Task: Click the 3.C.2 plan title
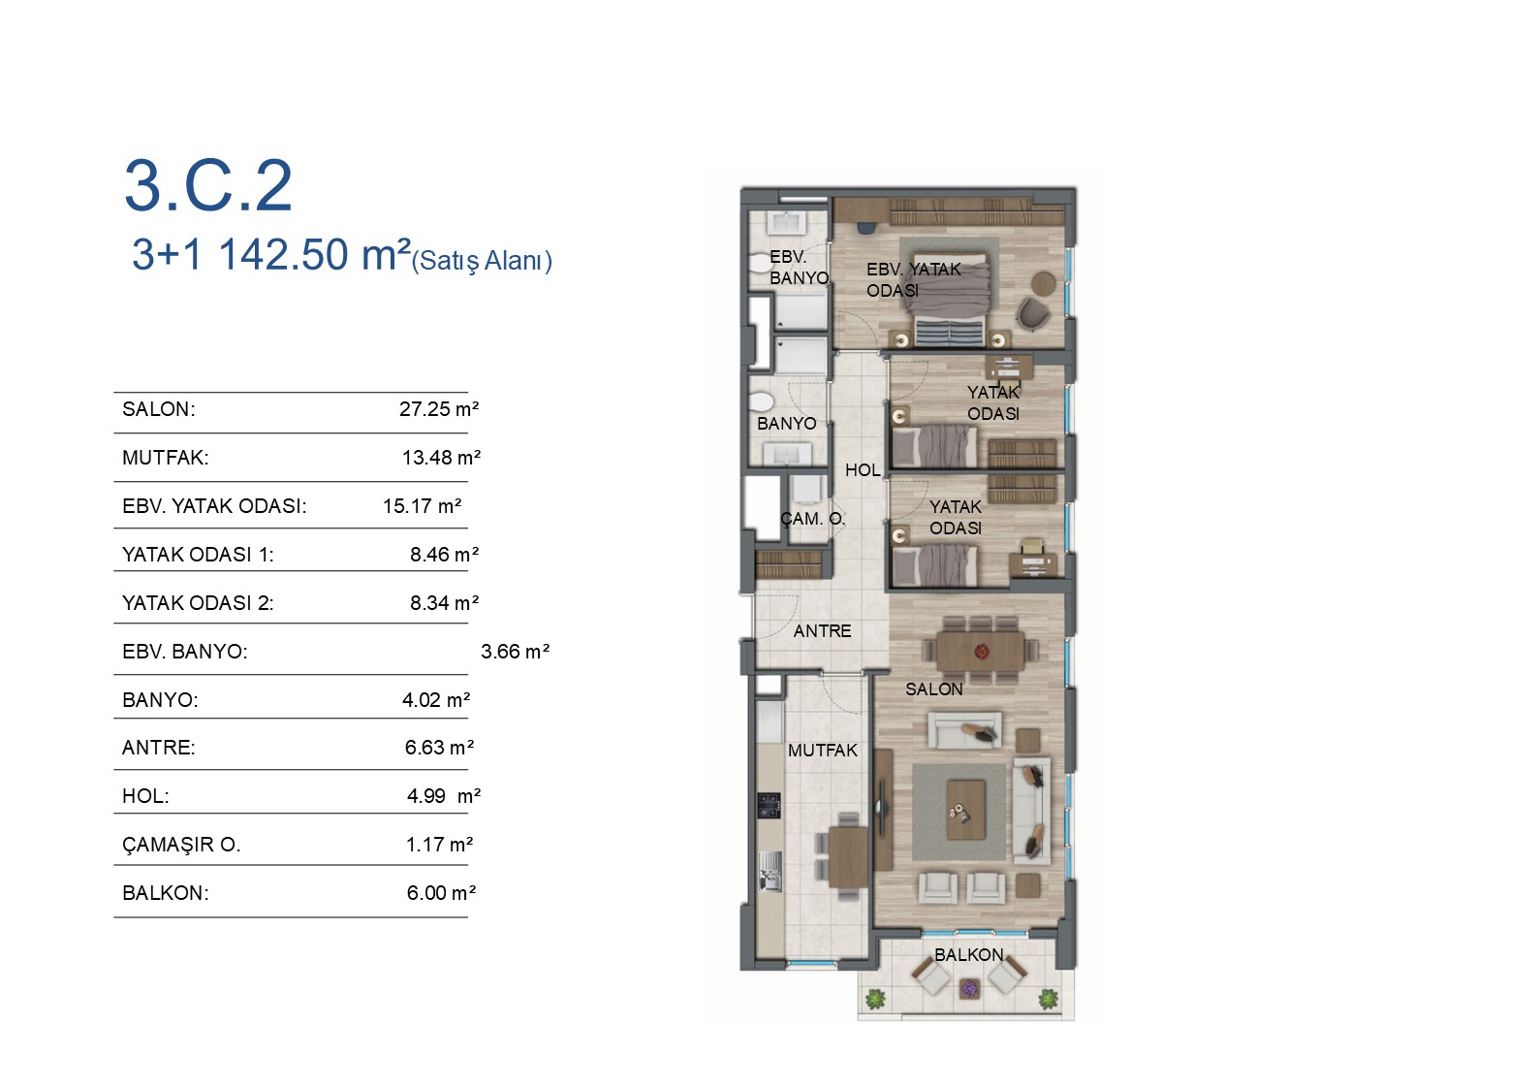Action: coord(208,185)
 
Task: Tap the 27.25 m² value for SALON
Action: coord(439,409)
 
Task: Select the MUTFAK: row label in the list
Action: coord(166,457)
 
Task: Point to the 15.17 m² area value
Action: coord(422,506)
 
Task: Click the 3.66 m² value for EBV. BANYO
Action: coord(516,651)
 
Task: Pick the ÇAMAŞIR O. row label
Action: coord(181,845)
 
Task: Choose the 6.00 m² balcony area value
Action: coord(441,893)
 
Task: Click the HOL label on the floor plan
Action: coord(863,470)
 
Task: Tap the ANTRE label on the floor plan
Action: coord(823,631)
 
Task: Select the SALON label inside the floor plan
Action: coord(933,689)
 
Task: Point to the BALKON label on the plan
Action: coord(969,954)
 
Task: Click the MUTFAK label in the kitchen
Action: coord(823,751)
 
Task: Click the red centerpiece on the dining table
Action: coord(981,651)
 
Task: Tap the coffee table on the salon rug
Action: coord(966,810)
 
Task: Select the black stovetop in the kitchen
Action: coord(769,805)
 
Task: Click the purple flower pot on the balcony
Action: coord(969,988)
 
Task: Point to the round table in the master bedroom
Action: coord(1044,283)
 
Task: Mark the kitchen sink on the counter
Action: coord(769,872)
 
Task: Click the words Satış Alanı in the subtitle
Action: coord(482,261)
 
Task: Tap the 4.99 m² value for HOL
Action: coord(444,796)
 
